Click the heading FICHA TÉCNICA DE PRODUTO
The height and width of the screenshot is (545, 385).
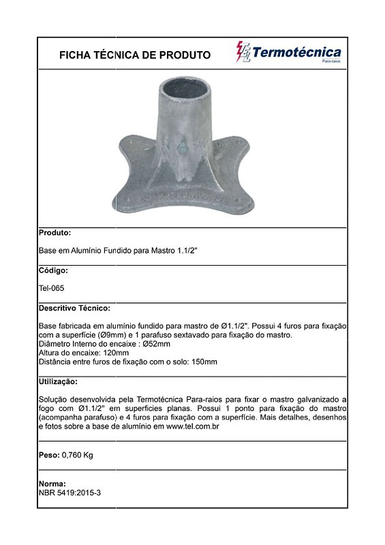coord(135,55)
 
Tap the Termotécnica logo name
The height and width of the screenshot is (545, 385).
coord(296,52)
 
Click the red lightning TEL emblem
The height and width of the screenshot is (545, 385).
coord(243,52)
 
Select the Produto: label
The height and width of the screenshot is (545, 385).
coord(55,232)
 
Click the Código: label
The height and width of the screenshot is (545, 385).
coord(54,270)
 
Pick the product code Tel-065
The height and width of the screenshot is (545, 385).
coord(52,288)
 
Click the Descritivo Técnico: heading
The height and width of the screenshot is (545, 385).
coord(75,308)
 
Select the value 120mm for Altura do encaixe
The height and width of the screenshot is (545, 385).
coord(115,353)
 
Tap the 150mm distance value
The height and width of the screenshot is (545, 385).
coord(204,362)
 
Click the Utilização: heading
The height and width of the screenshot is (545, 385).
coord(59,381)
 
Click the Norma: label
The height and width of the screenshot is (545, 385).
coord(52,483)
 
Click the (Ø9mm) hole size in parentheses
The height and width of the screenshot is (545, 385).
coord(119,335)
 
